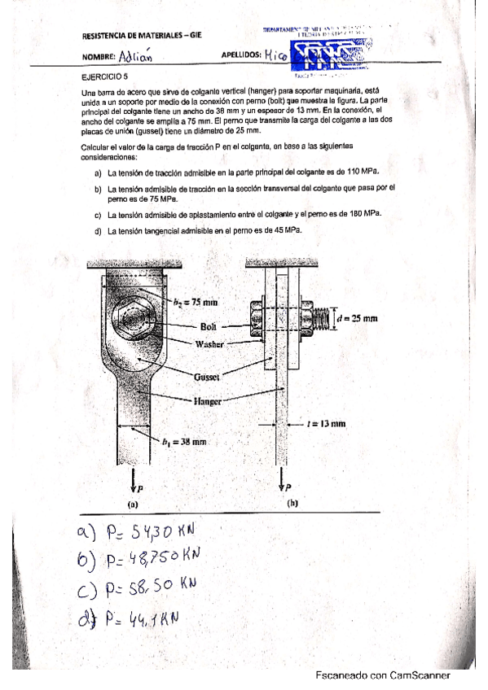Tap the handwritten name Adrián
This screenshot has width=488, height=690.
click(134, 57)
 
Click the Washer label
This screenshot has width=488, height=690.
click(209, 343)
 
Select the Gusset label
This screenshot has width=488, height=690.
click(208, 378)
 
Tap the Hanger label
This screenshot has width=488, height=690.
click(209, 401)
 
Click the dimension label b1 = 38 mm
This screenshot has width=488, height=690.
click(182, 442)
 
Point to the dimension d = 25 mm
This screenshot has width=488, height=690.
click(358, 318)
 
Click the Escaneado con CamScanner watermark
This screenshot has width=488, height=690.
click(383, 675)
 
